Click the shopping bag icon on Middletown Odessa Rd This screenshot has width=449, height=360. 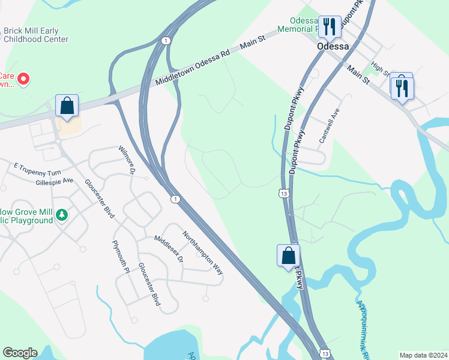[67, 106]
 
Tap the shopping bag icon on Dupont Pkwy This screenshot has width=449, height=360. [288, 255]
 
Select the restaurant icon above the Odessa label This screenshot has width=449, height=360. [328, 26]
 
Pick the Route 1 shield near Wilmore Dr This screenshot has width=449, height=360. [174, 199]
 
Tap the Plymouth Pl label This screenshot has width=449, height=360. [121, 257]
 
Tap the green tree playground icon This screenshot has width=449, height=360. [61, 215]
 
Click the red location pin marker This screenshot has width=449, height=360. [24, 79]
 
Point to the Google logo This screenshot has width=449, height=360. [20, 353]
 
